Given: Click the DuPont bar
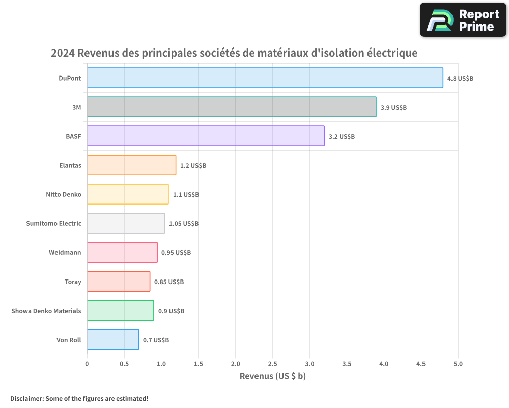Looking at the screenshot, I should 265,78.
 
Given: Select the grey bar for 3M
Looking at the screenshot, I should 232,107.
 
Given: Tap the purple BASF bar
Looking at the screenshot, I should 206,136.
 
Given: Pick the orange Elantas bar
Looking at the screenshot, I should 131,165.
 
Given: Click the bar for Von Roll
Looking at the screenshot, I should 113,340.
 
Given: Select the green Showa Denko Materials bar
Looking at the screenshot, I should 120,311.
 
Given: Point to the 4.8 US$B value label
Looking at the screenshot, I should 460,79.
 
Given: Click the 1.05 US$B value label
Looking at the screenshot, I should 184,224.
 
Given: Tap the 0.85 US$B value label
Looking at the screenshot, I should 169,282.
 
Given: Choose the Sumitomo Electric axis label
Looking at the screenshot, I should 53,223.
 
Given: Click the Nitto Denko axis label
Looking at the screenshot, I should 64,194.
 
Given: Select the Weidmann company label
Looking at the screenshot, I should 65,252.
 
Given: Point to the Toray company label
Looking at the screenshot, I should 73,282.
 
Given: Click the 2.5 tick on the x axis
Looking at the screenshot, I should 272,364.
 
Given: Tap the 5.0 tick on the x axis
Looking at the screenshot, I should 458,364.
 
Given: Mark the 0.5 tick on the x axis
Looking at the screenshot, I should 124,364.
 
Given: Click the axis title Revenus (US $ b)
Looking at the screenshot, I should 272,376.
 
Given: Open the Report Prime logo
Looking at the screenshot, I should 463,20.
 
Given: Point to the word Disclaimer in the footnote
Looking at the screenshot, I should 26,398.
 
